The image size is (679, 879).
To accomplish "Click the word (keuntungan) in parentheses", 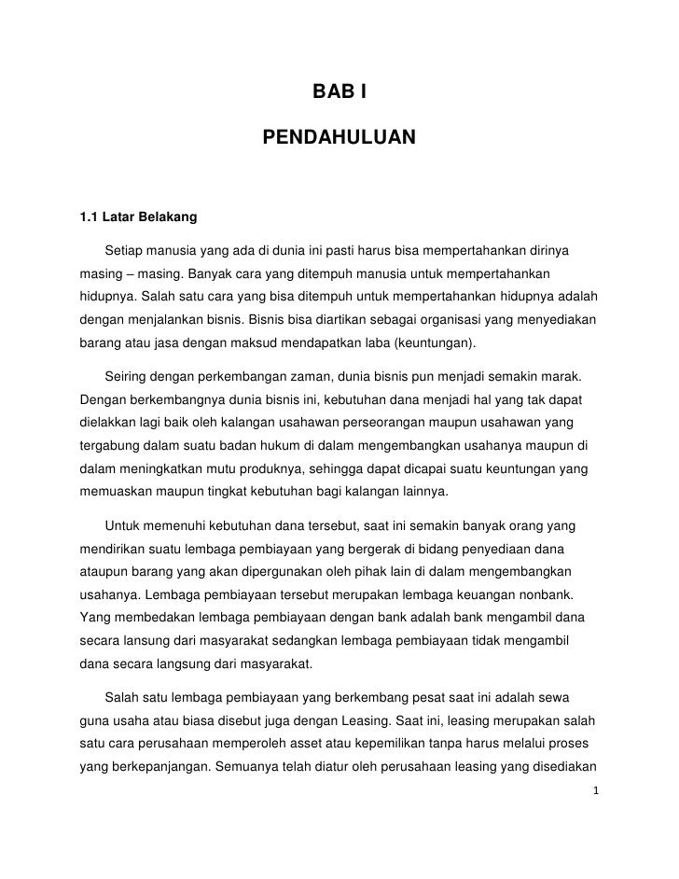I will (435, 342).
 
